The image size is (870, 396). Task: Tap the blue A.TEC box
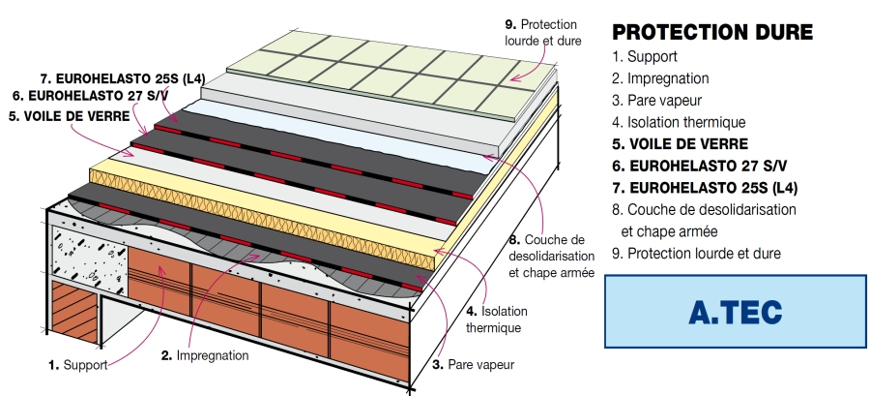coord(735,312)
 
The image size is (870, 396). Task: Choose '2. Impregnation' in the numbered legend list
coord(660,78)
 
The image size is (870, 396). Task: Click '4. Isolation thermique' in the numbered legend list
coord(679,122)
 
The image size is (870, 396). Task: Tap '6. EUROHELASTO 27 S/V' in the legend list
coord(697,166)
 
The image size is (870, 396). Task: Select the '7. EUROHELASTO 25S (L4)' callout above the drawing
coord(107,77)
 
